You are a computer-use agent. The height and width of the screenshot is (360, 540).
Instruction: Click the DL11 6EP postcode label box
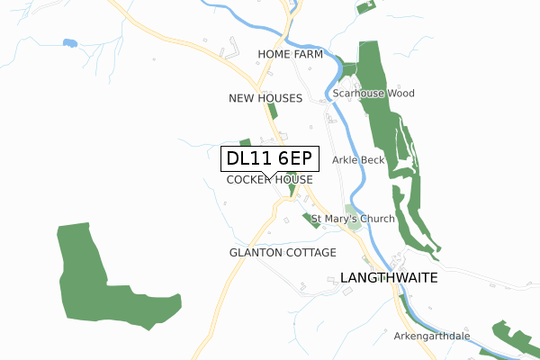pyautogui.click(x=269, y=158)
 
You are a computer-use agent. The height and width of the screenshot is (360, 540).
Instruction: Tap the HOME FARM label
pyautogui.click(x=289, y=55)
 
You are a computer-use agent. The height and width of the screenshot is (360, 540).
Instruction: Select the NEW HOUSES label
pyautogui.click(x=265, y=98)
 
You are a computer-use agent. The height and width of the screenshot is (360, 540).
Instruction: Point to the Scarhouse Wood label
pyautogui.click(x=373, y=94)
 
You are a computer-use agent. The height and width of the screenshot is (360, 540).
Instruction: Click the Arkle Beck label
pyautogui.click(x=358, y=160)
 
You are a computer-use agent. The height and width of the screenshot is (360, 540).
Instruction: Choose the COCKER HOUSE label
pyautogui.click(x=269, y=180)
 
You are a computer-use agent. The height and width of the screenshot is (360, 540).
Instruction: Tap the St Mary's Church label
pyautogui.click(x=353, y=220)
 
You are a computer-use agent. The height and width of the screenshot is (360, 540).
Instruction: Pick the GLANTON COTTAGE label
pyautogui.click(x=283, y=253)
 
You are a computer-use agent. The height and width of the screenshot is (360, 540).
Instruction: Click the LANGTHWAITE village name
pyautogui.click(x=389, y=279)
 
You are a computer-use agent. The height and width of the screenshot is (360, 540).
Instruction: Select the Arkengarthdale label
pyautogui.click(x=432, y=337)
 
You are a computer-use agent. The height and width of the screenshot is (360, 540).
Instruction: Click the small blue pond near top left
pyautogui.click(x=69, y=42)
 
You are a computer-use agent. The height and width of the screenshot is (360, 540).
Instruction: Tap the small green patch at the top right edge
pyautogui.click(x=364, y=7)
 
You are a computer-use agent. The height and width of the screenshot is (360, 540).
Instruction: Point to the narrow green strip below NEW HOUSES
pyautogui.click(x=271, y=112)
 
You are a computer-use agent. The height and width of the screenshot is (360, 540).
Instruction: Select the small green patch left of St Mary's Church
pyautogui.click(x=310, y=221)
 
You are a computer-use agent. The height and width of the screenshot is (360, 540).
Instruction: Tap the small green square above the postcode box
pyautogui.click(x=245, y=142)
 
